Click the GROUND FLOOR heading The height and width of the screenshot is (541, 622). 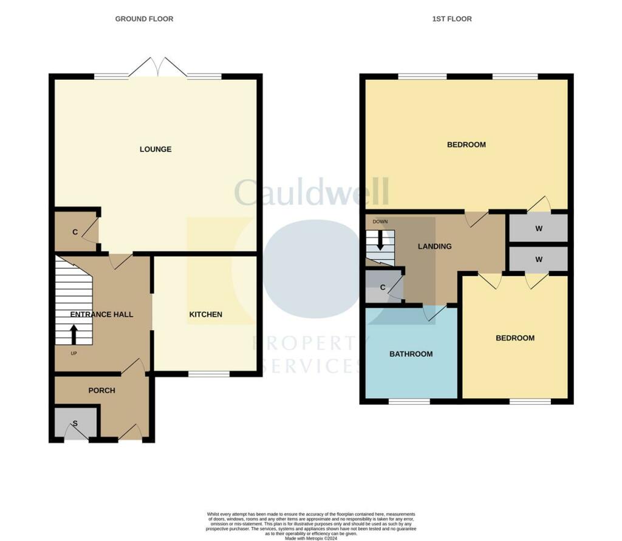click(x=144, y=19)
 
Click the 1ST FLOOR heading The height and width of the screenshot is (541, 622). click(x=452, y=19)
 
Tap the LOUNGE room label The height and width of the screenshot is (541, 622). click(x=155, y=149)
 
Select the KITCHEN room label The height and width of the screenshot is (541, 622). click(x=206, y=314)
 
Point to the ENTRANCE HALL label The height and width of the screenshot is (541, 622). click(x=101, y=314)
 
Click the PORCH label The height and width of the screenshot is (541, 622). click(x=101, y=390)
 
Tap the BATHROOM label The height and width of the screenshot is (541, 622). click(x=411, y=354)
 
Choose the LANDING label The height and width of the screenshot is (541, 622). click(x=435, y=246)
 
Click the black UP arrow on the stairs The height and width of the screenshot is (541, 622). click(x=74, y=334)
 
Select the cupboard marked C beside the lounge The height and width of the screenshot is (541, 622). click(x=75, y=232)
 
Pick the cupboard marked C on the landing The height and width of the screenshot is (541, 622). click(x=382, y=288)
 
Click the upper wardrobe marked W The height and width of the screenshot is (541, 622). click(x=538, y=229)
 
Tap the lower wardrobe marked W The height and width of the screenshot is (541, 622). click(x=538, y=259)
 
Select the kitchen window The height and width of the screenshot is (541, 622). click(x=208, y=374)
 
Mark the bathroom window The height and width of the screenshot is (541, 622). click(x=409, y=401)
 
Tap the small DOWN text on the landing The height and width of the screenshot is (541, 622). click(x=380, y=221)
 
